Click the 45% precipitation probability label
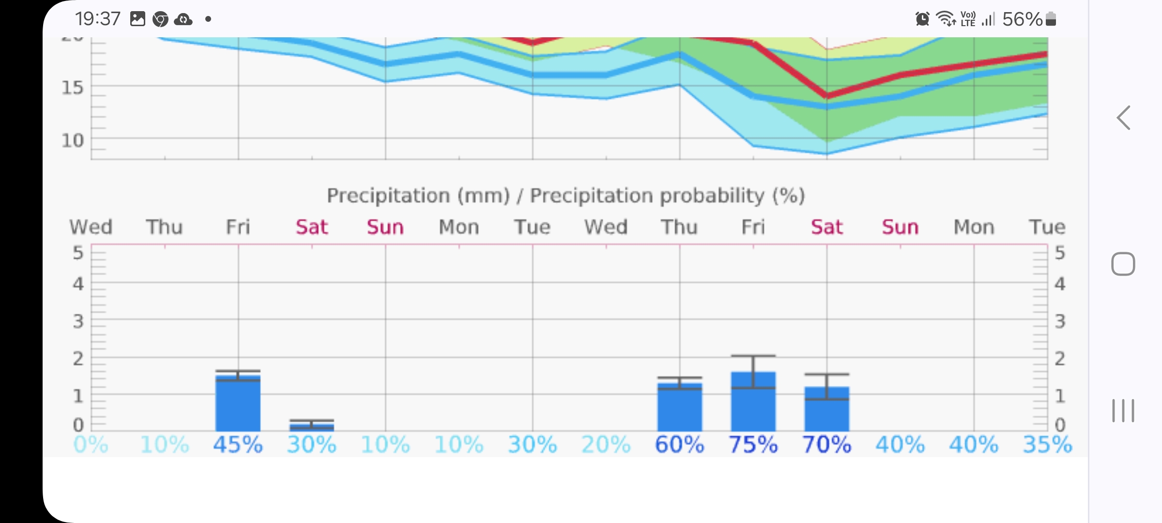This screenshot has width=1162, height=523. coord(238,445)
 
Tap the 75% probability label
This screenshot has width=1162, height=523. coord(753,445)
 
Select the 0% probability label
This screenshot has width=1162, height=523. coord(91,445)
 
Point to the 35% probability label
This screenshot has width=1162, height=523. coord(1047,445)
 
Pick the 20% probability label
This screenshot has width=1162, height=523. coord(606,445)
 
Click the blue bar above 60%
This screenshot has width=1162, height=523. coord(679,409)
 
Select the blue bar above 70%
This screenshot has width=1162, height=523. coord(826,412)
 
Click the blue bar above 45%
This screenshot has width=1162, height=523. coord(238,404)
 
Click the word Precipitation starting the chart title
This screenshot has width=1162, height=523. coord(388,196)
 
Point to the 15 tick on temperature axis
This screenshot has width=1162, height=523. coord(73,88)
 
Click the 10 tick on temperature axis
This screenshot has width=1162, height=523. coord(73,140)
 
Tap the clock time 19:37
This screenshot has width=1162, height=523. coord(97,19)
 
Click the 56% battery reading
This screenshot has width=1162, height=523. coord(1022,19)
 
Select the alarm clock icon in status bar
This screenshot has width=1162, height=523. coord(922,19)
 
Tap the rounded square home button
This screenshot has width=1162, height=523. coord(1123,264)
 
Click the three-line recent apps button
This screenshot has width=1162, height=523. coord(1123,411)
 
